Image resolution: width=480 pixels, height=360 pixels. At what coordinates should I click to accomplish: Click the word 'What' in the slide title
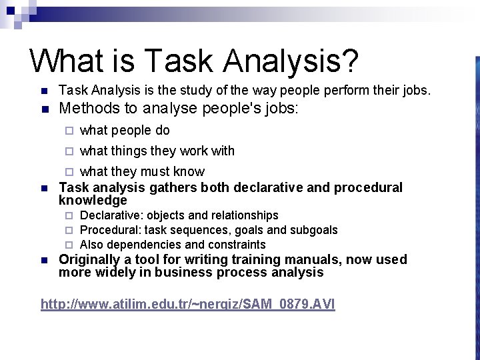[67, 61]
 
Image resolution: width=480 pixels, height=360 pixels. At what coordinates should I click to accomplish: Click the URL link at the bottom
[188, 304]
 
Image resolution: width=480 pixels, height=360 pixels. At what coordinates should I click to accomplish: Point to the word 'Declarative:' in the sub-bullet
[112, 215]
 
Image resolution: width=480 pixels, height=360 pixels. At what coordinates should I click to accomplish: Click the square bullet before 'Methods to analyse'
[43, 109]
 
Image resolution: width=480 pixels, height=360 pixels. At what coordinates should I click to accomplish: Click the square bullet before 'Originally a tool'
[43, 260]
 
